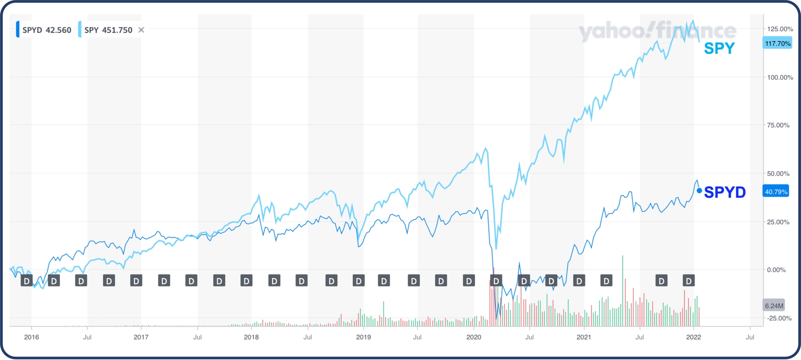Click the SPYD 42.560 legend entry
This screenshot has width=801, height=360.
pyautogui.click(x=47, y=30)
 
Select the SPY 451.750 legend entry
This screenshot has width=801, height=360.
pyautogui.click(x=108, y=30)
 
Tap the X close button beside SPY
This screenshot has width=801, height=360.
pyautogui.click(x=142, y=30)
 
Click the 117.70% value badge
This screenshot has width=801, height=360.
pyautogui.click(x=778, y=43)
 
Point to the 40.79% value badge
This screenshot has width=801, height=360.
pyautogui.click(x=776, y=192)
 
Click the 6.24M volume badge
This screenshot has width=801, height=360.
pyautogui.click(x=774, y=306)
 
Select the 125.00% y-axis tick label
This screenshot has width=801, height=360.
pyautogui.click(x=780, y=29)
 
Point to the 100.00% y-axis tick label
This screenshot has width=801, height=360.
pyautogui.click(x=780, y=77)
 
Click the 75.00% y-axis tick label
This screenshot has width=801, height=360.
pyautogui.click(x=778, y=125)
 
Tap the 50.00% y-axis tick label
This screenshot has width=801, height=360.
pyautogui.click(x=778, y=173)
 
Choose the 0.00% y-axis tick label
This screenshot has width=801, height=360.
pyautogui.click(x=776, y=270)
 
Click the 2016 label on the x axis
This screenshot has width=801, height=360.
pyautogui.click(x=31, y=337)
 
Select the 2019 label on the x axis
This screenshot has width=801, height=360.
pyautogui.click(x=363, y=337)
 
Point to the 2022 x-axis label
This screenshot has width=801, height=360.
pyautogui.click(x=693, y=337)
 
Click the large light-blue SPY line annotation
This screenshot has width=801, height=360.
pyautogui.click(x=719, y=48)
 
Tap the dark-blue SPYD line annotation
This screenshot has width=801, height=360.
pyautogui.click(x=725, y=192)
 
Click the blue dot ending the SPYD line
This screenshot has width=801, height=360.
pyautogui.click(x=699, y=191)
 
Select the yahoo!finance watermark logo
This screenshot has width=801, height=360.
pyautogui.click(x=657, y=31)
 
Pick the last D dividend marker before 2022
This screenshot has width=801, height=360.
pyautogui.click(x=689, y=281)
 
